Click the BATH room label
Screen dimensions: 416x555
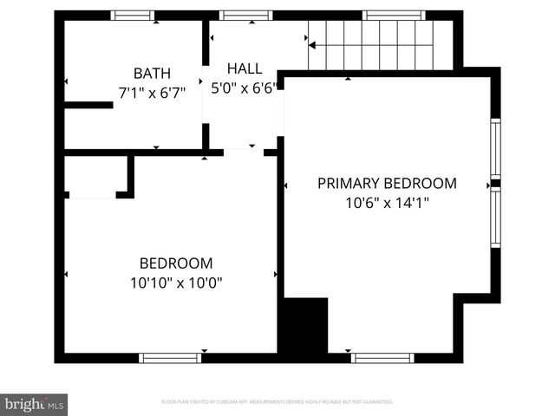pyautogui.click(x=152, y=74)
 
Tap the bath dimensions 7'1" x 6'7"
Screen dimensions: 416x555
pyautogui.click(x=152, y=93)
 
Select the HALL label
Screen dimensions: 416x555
pyautogui.click(x=244, y=68)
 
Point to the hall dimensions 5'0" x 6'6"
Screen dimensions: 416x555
pyautogui.click(x=244, y=88)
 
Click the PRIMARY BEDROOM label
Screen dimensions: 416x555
pyautogui.click(x=387, y=183)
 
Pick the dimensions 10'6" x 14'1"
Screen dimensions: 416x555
pyautogui.click(x=387, y=203)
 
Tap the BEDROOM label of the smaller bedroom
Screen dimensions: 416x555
pyautogui.click(x=176, y=263)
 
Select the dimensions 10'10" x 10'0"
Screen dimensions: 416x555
pyautogui.click(x=176, y=283)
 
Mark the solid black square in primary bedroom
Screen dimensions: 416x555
pyautogui.click(x=306, y=325)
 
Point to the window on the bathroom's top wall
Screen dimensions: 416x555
pyautogui.click(x=134, y=15)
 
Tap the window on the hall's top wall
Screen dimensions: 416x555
pyautogui.click(x=245, y=15)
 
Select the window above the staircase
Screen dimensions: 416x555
pyautogui.click(x=393, y=15)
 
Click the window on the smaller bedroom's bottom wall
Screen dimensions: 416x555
pyautogui.click(x=170, y=357)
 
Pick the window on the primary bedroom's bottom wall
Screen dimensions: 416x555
pyautogui.click(x=382, y=357)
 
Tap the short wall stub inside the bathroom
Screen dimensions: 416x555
pyautogui.click(x=88, y=106)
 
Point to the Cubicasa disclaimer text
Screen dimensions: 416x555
pyautogui.click(x=277, y=402)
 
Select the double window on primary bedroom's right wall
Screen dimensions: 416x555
pyautogui.click(x=496, y=184)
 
